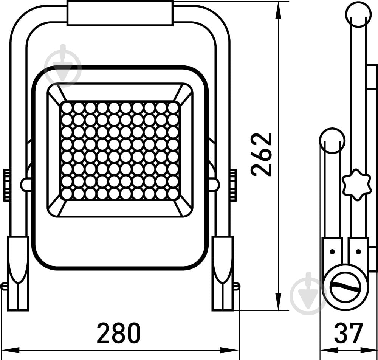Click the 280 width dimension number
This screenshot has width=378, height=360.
(119, 333)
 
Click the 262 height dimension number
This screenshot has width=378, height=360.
(262, 154)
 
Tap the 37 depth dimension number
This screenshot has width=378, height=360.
(349, 333)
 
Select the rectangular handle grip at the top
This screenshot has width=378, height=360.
(120, 13)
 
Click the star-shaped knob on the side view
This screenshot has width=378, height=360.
(356, 185)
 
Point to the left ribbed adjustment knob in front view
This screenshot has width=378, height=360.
(7, 185)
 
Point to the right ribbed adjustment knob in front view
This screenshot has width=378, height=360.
(233, 185)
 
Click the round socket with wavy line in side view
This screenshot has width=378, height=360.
(345, 287)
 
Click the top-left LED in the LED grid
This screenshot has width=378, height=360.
(67, 108)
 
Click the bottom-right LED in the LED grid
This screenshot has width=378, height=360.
(173, 194)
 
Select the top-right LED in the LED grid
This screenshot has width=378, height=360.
(173, 108)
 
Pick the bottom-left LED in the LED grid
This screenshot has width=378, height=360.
(67, 194)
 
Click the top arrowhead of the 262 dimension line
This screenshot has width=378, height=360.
(279, 9)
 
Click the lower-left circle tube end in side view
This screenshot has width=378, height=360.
(332, 141)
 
